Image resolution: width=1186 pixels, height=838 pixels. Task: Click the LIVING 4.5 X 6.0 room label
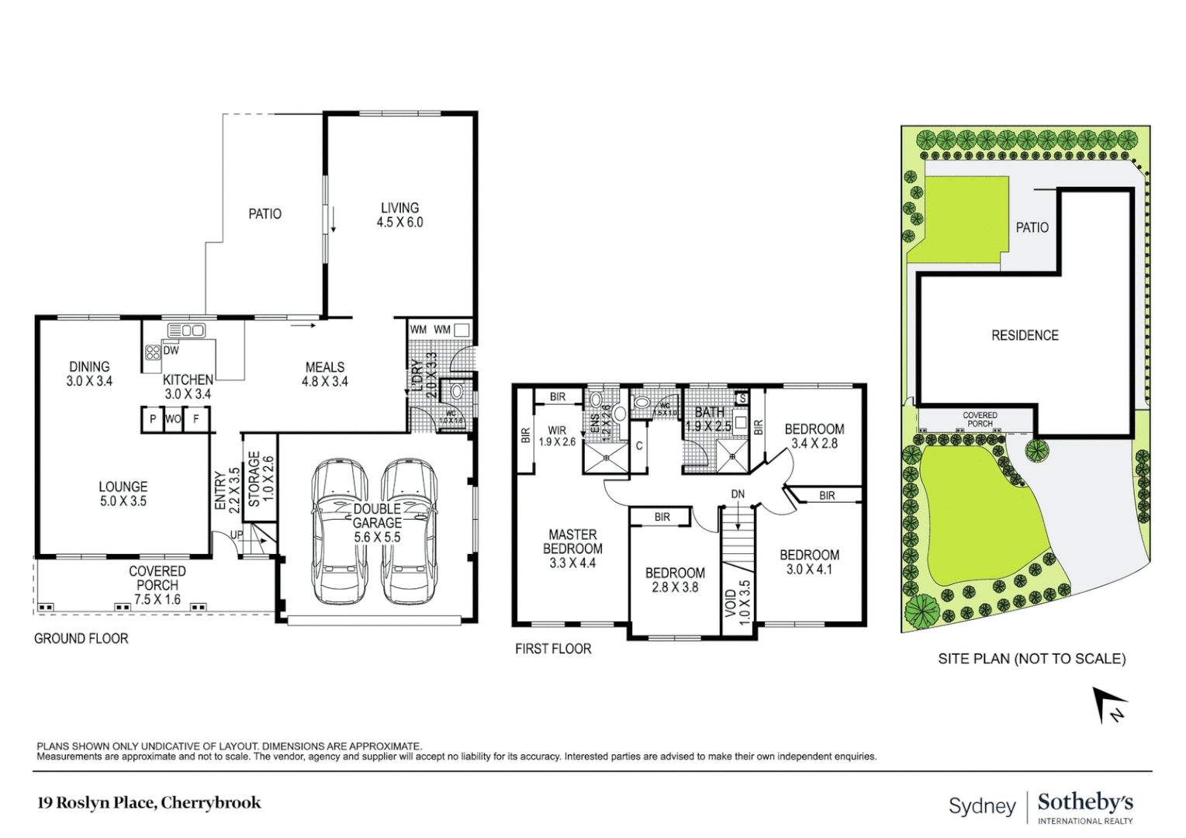click(399, 215)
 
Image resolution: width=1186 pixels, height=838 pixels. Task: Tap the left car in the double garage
click(338, 532)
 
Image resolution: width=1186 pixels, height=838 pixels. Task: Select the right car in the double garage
click(409, 532)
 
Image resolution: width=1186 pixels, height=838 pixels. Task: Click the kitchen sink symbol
click(186, 331)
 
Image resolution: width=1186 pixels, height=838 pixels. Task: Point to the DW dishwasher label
click(171, 350)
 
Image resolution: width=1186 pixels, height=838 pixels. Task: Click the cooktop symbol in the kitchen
click(153, 352)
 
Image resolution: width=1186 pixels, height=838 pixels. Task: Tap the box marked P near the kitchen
click(153, 419)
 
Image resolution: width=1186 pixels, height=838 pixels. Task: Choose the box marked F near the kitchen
click(196, 419)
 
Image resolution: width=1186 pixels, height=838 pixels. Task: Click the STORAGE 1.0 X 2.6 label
click(261, 479)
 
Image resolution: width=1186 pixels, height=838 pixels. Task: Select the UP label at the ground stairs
click(237, 535)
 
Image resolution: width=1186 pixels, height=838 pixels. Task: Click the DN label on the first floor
click(738, 493)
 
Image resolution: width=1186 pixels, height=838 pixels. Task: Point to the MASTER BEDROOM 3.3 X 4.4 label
click(572, 549)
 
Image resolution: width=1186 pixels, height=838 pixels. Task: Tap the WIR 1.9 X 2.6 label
click(557, 436)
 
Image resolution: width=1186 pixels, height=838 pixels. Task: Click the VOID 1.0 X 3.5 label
click(737, 603)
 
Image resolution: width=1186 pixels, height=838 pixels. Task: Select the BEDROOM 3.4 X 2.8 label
click(814, 436)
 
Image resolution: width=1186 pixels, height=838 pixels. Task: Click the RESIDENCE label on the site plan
click(1025, 335)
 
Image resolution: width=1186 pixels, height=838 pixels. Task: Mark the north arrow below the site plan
click(1108, 705)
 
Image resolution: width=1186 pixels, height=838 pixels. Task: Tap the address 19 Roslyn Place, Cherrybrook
click(149, 803)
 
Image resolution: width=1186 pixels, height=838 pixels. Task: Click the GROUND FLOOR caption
click(81, 639)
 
